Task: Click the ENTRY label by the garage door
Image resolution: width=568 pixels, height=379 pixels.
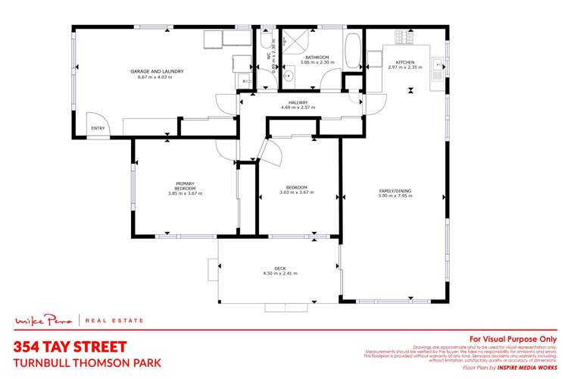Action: pyautogui.click(x=98, y=129)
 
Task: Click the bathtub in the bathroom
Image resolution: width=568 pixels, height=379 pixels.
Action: pyautogui.click(x=353, y=51)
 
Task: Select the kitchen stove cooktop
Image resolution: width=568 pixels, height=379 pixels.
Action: pyautogui.click(x=403, y=36)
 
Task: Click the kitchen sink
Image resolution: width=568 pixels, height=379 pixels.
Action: pyautogui.click(x=437, y=67)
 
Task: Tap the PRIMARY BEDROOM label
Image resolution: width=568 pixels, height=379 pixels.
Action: pyautogui.click(x=186, y=186)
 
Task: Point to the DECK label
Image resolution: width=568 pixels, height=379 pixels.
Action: pyautogui.click(x=279, y=268)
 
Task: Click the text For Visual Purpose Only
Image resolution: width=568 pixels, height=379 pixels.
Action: pyautogui.click(x=513, y=339)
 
